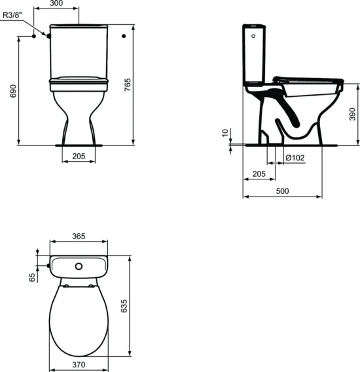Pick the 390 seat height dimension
pyautogui.click(x=351, y=114)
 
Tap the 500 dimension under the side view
pyautogui.click(x=282, y=191)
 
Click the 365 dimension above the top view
pyautogui.click(x=79, y=236)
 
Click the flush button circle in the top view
pyautogui.click(x=78, y=267)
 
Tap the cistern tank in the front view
pyautogui.click(x=78, y=50)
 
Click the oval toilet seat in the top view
pyautogui.click(x=78, y=321)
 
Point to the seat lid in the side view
pyautogui.click(x=308, y=79)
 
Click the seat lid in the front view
pyautogui.click(x=78, y=81)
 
